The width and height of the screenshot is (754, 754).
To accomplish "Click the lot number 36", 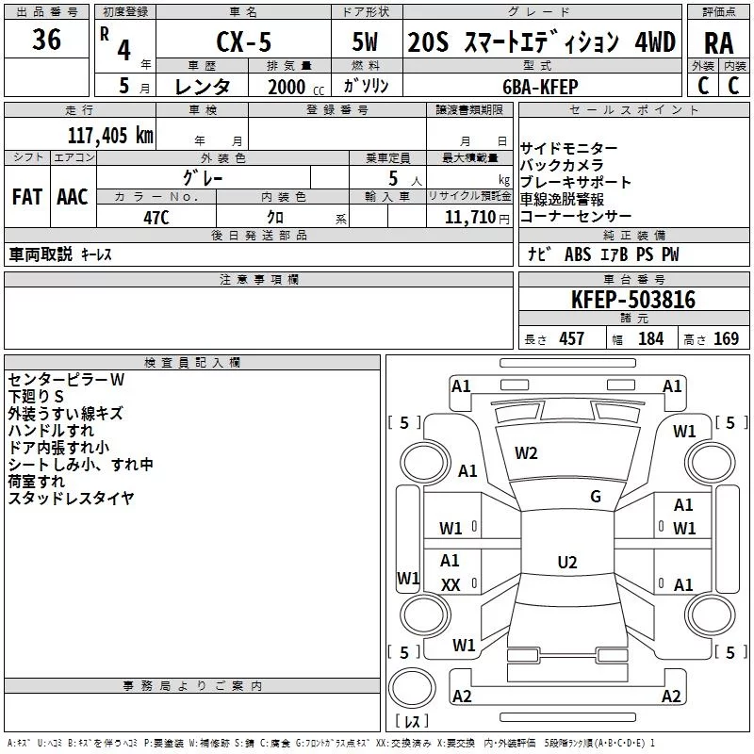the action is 46,39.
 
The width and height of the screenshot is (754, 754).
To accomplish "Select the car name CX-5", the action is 244,41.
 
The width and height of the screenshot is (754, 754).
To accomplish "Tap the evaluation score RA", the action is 719,43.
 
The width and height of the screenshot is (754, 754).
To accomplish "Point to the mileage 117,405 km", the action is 110,136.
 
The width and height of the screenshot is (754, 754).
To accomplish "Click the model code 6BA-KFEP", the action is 540,87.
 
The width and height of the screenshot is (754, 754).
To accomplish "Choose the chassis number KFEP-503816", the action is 633,300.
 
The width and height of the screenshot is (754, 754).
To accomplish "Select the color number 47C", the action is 156,218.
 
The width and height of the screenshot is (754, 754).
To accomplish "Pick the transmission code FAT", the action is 27,197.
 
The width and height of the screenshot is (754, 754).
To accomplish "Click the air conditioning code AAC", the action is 73,197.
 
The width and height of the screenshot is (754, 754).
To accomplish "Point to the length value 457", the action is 572,339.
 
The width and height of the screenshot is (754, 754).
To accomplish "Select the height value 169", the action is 726,339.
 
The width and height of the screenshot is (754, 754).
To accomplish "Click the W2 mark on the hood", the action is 526,453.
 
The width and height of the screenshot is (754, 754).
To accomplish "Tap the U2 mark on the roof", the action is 567,562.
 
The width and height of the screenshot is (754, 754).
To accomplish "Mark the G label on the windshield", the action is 596,497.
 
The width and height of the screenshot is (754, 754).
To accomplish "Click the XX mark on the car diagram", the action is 451,585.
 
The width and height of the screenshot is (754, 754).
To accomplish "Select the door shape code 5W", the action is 365,41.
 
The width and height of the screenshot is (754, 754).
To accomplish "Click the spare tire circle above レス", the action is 412,687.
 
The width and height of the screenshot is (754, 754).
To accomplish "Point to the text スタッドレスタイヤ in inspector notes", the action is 71,499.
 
